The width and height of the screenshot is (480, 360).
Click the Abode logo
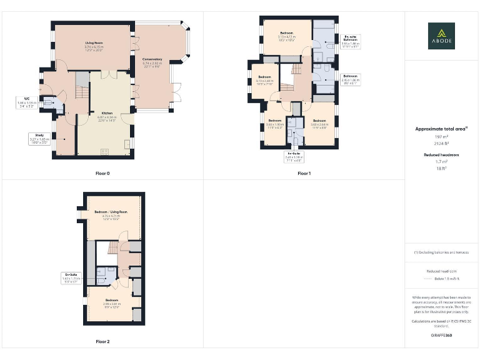coord(441,36)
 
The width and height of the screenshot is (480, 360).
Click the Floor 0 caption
coord(102,172)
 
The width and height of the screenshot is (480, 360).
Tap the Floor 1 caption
coord(304,172)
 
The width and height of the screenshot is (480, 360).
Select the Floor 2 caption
coord(102,342)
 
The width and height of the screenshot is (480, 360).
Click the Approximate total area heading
coord(441,129)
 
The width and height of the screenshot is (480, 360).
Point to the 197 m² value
coord(441,136)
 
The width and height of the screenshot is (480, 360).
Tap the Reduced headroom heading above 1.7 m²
coord(441,154)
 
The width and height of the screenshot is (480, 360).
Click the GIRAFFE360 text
coord(441,336)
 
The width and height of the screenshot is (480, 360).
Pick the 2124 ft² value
coord(441,143)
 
